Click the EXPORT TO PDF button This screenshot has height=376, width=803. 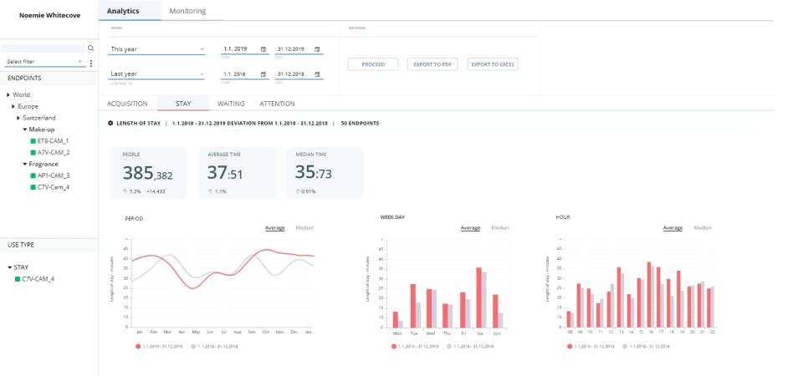click(x=432, y=64)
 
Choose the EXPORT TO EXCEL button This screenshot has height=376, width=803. click(x=493, y=64)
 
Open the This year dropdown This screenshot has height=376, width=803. click(x=157, y=49)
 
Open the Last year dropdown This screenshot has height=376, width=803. click(x=157, y=74)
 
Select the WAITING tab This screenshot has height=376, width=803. click(x=231, y=104)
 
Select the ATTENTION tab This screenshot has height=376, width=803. click(x=277, y=104)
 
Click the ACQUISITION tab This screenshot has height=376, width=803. click(x=127, y=104)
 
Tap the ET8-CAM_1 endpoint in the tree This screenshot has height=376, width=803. click(x=54, y=141)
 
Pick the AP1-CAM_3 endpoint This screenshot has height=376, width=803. click(x=54, y=175)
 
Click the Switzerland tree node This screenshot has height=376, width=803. click(x=39, y=118)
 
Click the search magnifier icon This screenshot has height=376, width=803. click(x=91, y=48)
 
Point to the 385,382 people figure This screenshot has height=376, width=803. click(x=148, y=173)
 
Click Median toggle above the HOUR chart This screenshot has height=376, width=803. click(x=703, y=227)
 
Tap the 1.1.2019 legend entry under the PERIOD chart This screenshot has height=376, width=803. click(x=159, y=344)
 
